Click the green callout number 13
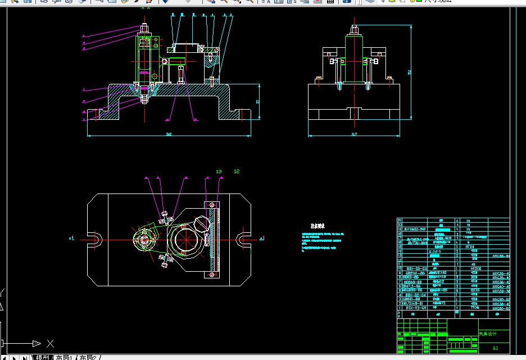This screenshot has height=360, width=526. [219, 171]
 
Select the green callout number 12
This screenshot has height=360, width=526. [237, 171]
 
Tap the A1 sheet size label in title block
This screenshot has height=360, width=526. [495, 348]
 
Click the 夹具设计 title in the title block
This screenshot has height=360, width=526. [488, 334]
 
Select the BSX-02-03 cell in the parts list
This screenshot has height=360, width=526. [416, 269]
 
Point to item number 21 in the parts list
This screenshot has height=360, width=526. [400, 220]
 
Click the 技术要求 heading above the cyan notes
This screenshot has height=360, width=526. [318, 226]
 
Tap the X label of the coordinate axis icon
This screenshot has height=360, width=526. [50, 343]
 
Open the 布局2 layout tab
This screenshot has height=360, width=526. [88, 357]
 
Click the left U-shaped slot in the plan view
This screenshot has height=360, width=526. [94, 239]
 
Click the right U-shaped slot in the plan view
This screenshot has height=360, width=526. [243, 239]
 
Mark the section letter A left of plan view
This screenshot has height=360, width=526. [71, 239]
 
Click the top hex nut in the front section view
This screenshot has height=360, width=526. [144, 29]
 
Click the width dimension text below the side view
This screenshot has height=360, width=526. [354, 134]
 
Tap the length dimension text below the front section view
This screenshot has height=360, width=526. [168, 134]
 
